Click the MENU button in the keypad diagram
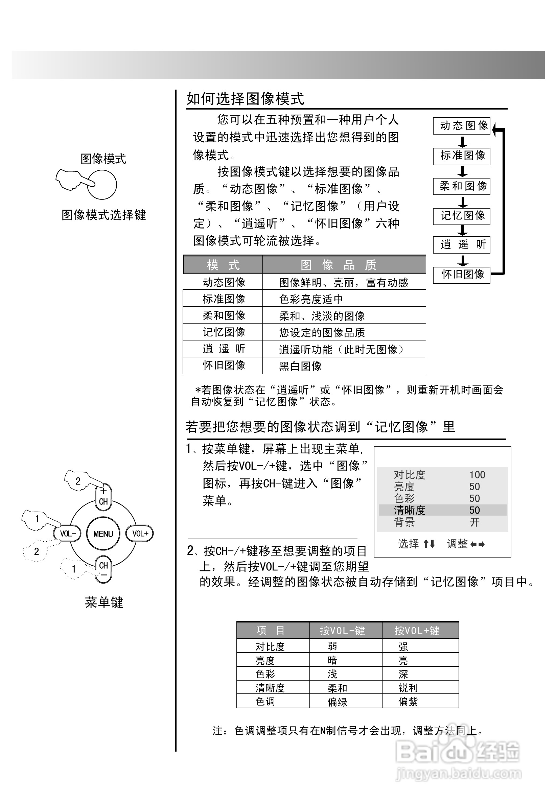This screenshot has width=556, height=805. [x=103, y=534]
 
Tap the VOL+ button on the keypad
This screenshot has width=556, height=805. [x=140, y=534]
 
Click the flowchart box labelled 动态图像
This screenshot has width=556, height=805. [x=461, y=126]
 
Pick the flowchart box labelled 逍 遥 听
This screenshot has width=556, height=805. [x=461, y=244]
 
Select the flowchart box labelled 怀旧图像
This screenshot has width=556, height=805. [x=461, y=275]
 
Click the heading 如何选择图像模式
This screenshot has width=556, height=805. [x=246, y=99]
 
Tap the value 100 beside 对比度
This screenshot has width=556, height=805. [x=477, y=475]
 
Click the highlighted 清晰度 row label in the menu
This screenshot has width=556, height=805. [x=409, y=511]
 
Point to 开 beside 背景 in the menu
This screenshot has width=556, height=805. [x=474, y=522]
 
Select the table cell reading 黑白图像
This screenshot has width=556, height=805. [x=300, y=366]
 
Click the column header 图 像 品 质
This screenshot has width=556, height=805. [x=338, y=265]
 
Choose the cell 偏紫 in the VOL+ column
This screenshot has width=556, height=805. [x=408, y=702]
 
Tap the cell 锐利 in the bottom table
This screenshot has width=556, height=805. [x=408, y=688]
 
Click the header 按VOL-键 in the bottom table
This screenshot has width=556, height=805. [x=342, y=631]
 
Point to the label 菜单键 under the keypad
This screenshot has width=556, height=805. [x=104, y=602]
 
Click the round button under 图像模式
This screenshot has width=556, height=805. [x=102, y=185]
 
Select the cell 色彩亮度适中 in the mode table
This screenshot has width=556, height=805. [x=311, y=299]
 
